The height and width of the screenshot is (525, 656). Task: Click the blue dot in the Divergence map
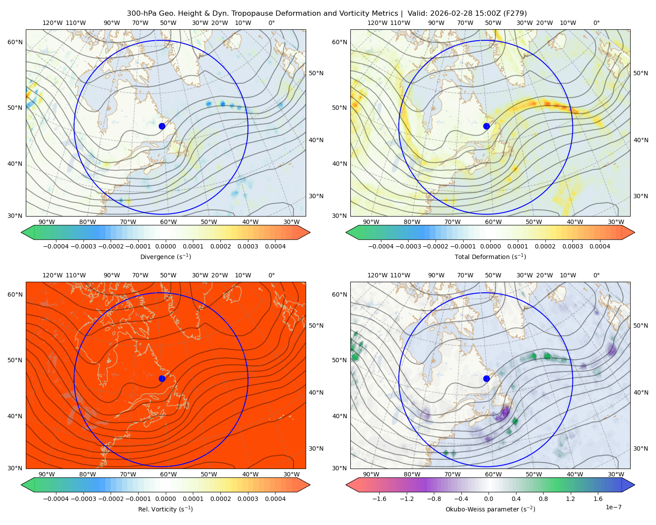(x=162, y=126)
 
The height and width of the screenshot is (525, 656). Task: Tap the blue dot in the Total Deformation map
(x=486, y=126)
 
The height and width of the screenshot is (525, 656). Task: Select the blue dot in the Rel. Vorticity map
(x=162, y=378)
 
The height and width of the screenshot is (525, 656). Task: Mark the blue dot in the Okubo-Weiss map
(x=486, y=378)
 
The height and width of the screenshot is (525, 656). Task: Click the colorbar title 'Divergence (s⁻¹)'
(x=165, y=256)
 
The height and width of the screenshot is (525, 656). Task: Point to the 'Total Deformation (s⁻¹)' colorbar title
(x=490, y=256)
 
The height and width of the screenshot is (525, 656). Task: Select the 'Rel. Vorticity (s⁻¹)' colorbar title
(x=165, y=509)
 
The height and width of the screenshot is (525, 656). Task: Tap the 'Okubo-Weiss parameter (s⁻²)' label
(x=490, y=509)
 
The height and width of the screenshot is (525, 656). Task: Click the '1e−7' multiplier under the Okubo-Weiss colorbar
(x=613, y=507)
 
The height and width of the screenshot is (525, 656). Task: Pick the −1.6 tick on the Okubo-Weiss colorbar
(x=379, y=499)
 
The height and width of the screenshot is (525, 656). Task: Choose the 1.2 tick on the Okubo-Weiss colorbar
(x=570, y=499)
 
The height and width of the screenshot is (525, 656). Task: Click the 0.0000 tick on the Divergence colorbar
(x=165, y=246)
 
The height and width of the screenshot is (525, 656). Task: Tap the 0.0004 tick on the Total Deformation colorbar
(x=600, y=246)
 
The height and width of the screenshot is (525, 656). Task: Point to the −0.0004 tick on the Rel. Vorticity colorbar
(x=56, y=499)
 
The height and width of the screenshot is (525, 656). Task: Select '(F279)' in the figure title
(x=515, y=14)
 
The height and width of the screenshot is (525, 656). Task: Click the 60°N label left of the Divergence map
(x=15, y=42)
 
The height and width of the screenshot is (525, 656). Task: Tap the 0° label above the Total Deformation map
(x=596, y=23)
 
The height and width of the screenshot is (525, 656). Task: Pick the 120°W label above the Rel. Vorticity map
(x=52, y=275)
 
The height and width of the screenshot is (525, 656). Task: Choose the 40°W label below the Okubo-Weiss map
(x=575, y=474)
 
